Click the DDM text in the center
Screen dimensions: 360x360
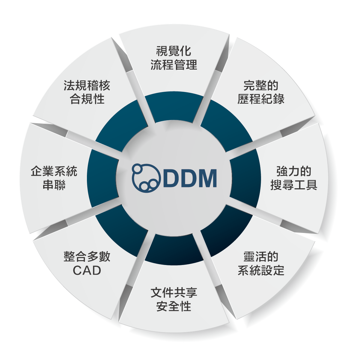(x=190, y=178)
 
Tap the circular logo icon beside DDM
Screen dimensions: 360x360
(x=146, y=178)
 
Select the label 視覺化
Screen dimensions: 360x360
(x=174, y=51)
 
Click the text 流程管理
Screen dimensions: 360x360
(x=174, y=65)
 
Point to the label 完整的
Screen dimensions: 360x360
(x=261, y=85)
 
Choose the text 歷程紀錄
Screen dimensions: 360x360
(x=261, y=99)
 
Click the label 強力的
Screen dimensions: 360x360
(x=294, y=171)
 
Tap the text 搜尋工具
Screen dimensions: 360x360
(x=294, y=185)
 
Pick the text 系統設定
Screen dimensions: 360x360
(x=261, y=270)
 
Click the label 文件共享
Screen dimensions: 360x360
(x=174, y=293)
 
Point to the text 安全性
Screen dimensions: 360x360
(x=174, y=306)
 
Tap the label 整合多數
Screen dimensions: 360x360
(x=87, y=257)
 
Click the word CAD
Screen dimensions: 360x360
(x=87, y=270)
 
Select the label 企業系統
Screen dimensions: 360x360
(x=54, y=171)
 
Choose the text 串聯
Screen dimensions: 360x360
(x=54, y=185)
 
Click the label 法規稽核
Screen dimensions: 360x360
(x=87, y=85)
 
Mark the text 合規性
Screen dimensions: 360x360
(x=87, y=99)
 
